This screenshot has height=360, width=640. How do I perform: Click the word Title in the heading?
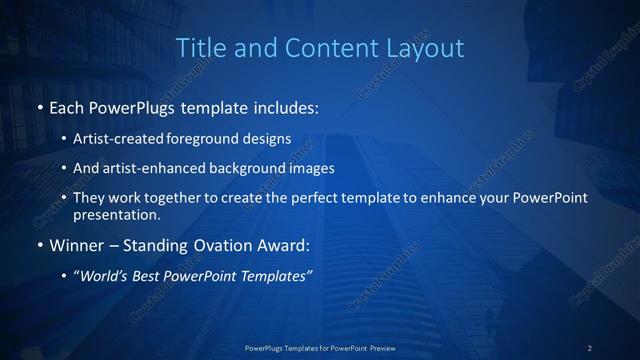[x=197, y=47]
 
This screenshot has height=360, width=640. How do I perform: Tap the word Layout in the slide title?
[x=427, y=47]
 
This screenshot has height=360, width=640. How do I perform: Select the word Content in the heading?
[x=323, y=47]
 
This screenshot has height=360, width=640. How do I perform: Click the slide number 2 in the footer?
[x=590, y=348]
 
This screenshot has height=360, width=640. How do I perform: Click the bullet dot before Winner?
[x=38, y=246]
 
